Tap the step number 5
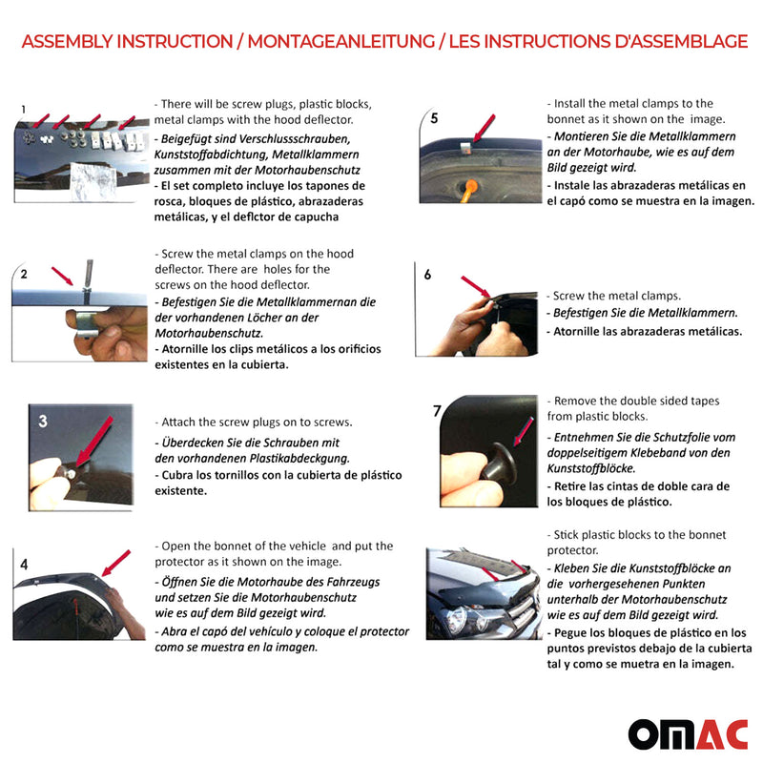pyautogui.click(x=434, y=119)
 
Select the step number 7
pyautogui.click(x=437, y=411)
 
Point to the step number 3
pyautogui.click(x=43, y=421)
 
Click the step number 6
pyautogui.click(x=427, y=275)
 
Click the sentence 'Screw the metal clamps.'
pyautogui.click(x=616, y=296)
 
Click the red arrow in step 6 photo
pyautogui.click(x=474, y=286)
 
